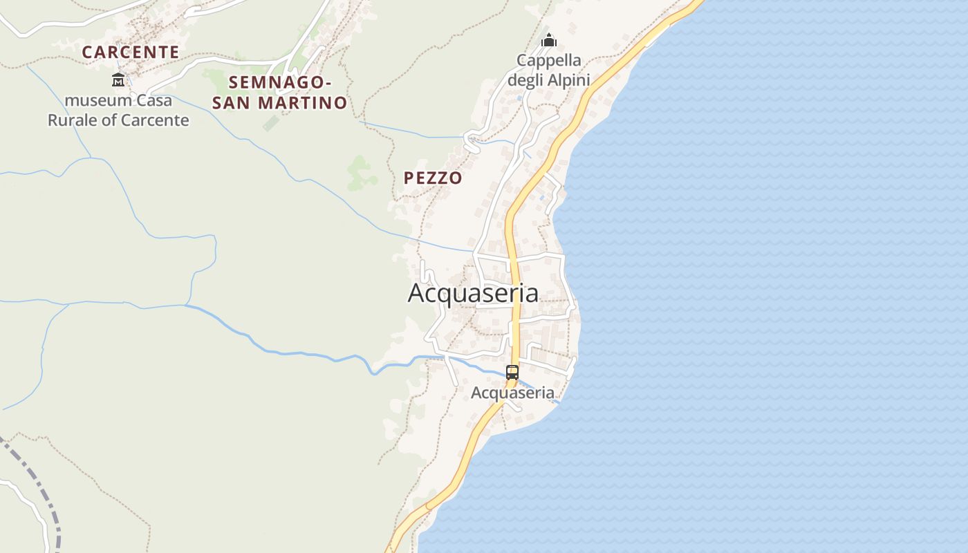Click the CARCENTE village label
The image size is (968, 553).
pos(131,52)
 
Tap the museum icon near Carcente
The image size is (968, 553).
pos(118,79)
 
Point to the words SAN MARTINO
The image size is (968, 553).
pos(280,103)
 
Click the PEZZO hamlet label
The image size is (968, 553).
pos(433,178)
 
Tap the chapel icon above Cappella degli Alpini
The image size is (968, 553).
pos(549,40)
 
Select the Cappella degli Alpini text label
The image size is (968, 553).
pos(549,70)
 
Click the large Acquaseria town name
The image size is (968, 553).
pos(473,293)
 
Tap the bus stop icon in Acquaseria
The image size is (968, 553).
pos(512,372)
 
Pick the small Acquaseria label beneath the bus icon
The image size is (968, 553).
pos(512,393)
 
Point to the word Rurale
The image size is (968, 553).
pos(75,120)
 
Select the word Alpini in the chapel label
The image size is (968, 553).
pos(568,80)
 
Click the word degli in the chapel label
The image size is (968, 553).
pos(526,80)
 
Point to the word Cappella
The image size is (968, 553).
pos(549,60)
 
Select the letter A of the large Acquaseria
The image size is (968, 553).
pos(416,293)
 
